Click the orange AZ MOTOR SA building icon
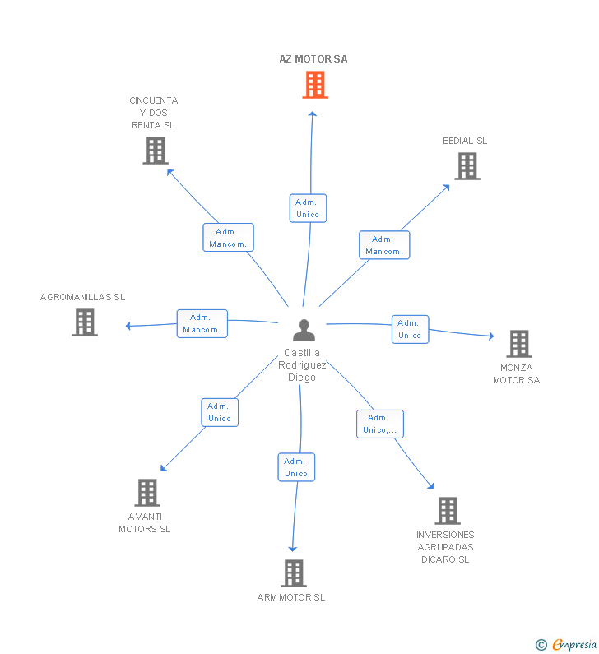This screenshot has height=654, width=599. click(315, 85)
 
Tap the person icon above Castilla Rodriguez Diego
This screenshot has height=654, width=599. click(304, 331)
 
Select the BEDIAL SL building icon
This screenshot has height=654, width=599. click(467, 166)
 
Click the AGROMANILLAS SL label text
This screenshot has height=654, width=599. click(82, 297)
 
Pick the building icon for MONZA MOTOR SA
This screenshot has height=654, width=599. click(519, 344)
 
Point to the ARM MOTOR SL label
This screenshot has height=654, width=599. click(291, 597)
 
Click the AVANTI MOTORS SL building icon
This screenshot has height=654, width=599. click(147, 493)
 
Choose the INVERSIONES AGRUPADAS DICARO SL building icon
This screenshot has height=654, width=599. click(448, 511)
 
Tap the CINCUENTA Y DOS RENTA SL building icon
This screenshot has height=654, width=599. click(156, 151)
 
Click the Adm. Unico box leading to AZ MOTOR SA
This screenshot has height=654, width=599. click(308, 208)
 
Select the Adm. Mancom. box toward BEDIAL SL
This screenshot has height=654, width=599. click(384, 245)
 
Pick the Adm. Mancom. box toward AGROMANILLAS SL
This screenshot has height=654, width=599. click(202, 323)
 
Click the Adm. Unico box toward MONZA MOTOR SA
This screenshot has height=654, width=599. click(410, 329)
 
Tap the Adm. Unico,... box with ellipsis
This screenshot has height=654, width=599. click(379, 424)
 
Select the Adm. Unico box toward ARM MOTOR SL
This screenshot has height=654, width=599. click(296, 467)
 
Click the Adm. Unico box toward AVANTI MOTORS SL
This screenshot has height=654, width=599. click(220, 412)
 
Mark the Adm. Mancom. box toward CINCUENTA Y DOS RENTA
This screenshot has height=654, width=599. click(228, 237)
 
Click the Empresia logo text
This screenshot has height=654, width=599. click(574, 644)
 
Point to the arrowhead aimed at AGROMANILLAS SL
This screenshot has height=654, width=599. click(128, 326)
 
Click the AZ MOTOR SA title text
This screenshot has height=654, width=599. click(313, 59)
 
